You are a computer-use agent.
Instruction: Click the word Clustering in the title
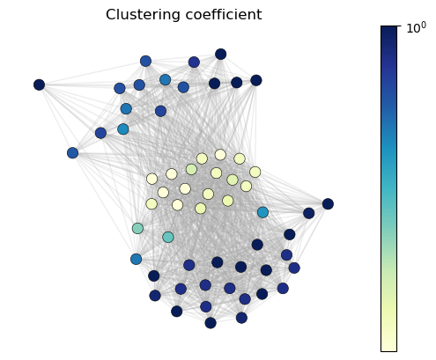tap(144, 15)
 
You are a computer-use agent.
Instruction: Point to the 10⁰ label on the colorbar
tap(416, 28)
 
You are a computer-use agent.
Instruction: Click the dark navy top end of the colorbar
tap(388, 29)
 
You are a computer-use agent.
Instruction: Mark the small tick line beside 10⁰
tap(399, 26)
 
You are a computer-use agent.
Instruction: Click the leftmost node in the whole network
tap(39, 84)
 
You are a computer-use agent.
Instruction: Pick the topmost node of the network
tap(221, 54)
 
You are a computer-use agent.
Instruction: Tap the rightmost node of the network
tap(328, 203)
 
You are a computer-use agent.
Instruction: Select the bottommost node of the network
tap(211, 323)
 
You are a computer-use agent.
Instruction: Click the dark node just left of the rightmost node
tap(309, 213)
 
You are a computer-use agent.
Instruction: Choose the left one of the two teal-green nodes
tap(137, 228)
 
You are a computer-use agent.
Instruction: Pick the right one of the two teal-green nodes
tap(168, 237)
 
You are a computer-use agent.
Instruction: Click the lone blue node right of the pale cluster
tap(262, 212)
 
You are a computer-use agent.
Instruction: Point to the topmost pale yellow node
tap(220, 155)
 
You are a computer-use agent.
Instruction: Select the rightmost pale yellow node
tap(255, 172)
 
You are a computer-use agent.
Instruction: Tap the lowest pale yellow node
tap(201, 209)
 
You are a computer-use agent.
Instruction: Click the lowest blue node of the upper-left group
tap(72, 153)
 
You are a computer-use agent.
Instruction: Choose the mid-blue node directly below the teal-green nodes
tap(136, 259)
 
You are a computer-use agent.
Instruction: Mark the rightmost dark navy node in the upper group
tap(256, 80)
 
